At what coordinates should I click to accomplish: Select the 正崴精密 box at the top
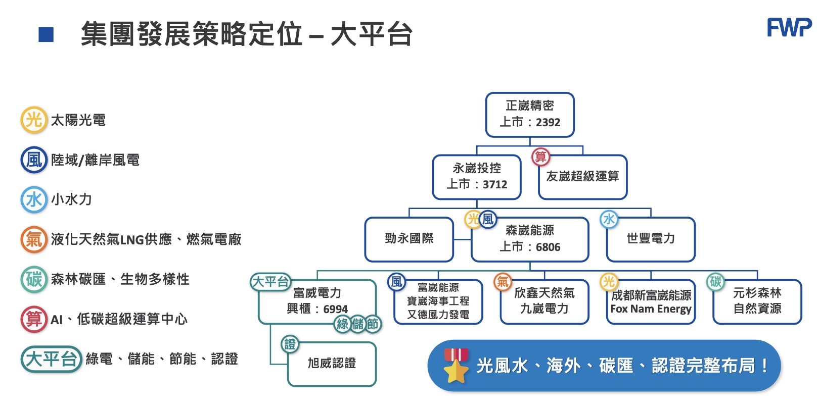click(x=530, y=115)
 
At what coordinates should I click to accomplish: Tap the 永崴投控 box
click(x=477, y=177)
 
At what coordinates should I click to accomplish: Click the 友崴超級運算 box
click(x=582, y=177)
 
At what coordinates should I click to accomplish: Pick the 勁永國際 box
click(x=409, y=239)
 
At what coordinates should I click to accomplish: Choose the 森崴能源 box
click(x=530, y=239)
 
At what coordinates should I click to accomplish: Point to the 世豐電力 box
click(x=651, y=239)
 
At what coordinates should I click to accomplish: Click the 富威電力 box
click(x=317, y=301)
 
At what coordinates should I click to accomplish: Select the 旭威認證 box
click(x=332, y=364)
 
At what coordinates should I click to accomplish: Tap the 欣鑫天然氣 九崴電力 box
click(x=544, y=301)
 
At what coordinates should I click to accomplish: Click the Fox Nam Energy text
click(x=651, y=309)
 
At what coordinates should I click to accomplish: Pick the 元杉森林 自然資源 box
click(x=757, y=301)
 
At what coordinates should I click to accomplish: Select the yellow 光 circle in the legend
click(x=34, y=120)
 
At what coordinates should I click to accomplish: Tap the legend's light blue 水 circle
click(x=34, y=199)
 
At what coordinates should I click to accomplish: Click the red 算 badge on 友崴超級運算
click(x=540, y=157)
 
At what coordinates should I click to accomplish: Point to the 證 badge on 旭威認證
click(x=290, y=344)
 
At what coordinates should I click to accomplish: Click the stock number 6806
click(x=548, y=247)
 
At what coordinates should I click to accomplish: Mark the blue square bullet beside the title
click(x=46, y=35)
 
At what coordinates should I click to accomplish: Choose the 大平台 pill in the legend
click(x=51, y=359)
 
